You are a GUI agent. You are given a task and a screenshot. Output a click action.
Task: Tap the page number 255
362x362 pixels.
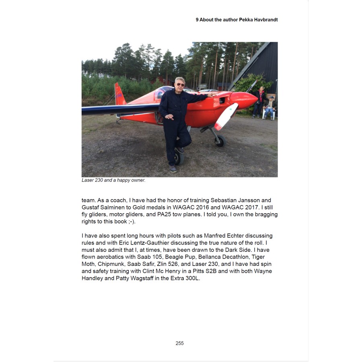point(179,343)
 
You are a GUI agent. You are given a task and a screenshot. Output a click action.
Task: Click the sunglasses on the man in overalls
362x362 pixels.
point(180,84)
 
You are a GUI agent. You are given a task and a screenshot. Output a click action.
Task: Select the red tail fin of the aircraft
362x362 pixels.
point(119,95)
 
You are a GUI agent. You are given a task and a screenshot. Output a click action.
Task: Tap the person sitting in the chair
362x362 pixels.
point(269,107)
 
